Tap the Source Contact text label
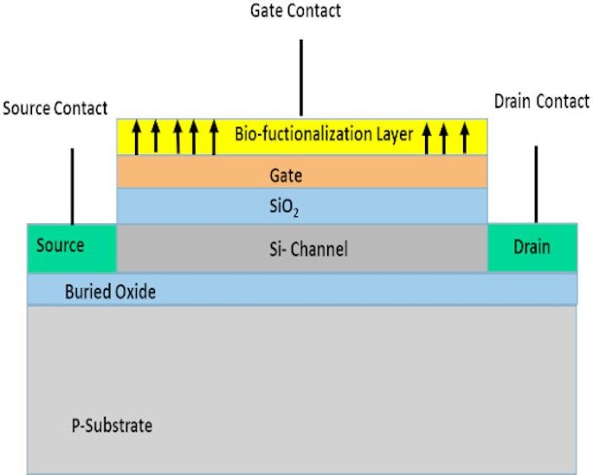55,109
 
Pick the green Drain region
532,247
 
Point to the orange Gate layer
301,174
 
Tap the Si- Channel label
307,250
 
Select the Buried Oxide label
111,292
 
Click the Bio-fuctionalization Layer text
323,135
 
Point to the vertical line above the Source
72,185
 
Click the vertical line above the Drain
536,183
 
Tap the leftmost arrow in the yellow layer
136,137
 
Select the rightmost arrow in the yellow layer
464,137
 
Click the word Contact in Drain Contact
563,102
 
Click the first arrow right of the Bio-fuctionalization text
427,137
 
